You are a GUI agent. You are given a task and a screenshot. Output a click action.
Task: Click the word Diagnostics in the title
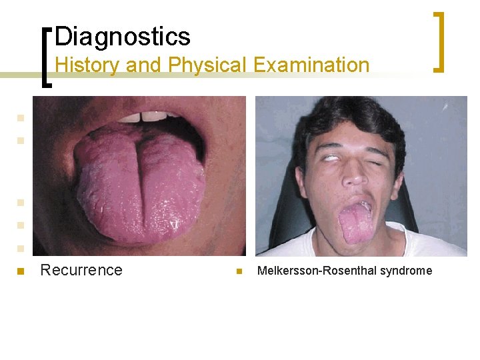click(123, 36)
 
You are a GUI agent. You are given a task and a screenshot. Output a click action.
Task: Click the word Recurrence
click(81, 270)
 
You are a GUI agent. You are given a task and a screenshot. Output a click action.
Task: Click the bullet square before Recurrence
click(21, 271)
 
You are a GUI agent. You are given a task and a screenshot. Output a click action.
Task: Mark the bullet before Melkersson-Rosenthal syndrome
click(238, 271)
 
